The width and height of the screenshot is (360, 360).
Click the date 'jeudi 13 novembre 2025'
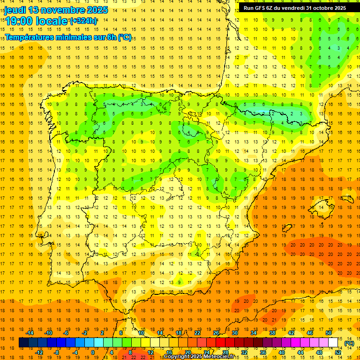[56, 10]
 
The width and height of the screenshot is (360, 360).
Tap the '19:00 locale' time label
[36, 21]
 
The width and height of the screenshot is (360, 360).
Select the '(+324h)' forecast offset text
[83, 21]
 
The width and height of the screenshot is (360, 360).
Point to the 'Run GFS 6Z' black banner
[295, 8]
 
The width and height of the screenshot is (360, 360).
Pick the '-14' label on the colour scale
[30, 333]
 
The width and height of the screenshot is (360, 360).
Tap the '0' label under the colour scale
[93, 352]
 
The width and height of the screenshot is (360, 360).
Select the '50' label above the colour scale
[328, 333]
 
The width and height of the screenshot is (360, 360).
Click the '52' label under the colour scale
[338, 352]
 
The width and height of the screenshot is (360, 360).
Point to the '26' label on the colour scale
[216, 333]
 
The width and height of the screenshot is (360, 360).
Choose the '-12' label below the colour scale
[40, 352]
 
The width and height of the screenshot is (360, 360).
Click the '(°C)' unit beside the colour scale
[349, 343]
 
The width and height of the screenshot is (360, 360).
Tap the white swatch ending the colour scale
[333, 343]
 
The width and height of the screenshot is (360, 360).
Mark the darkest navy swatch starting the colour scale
[23, 343]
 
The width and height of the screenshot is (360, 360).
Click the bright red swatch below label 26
[220, 343]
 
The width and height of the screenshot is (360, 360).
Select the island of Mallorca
[323, 206]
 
